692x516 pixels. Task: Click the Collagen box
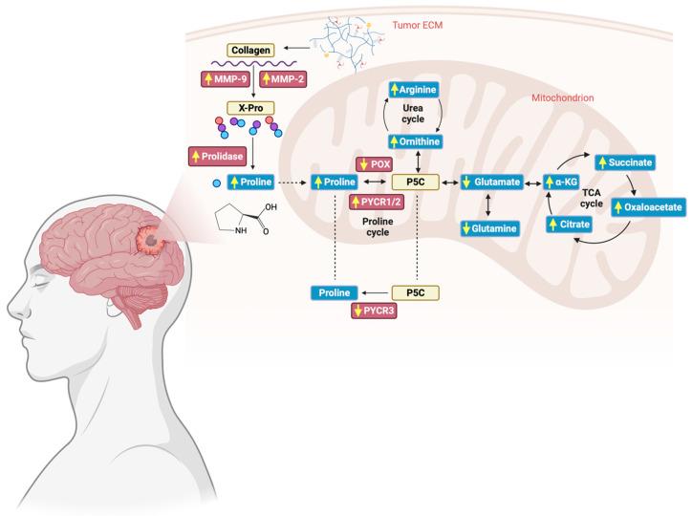click(x=251, y=49)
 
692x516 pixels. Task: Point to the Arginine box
click(x=414, y=91)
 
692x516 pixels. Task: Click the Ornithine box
click(x=414, y=141)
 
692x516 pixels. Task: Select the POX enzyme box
click(x=375, y=163)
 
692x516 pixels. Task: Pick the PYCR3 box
click(x=376, y=311)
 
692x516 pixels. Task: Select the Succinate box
click(x=624, y=162)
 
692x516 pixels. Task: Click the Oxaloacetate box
click(x=645, y=205)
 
